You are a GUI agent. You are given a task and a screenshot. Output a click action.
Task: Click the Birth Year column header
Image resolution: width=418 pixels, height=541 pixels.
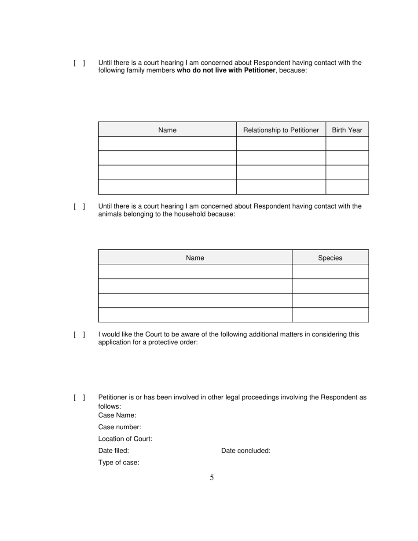click(x=347, y=130)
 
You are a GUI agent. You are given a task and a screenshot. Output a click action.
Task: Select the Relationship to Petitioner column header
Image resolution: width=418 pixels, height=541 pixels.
click(x=281, y=130)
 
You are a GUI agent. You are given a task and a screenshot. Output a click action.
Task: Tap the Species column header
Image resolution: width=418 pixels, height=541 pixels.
click(x=330, y=258)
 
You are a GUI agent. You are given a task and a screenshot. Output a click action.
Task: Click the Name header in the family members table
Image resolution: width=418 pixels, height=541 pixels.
click(x=167, y=130)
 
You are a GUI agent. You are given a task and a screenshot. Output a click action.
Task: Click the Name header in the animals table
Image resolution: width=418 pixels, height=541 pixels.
click(x=194, y=258)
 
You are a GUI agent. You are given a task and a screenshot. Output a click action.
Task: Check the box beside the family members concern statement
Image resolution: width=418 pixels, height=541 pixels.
click(x=79, y=63)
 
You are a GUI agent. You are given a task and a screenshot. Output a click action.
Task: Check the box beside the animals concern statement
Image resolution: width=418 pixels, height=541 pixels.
click(x=79, y=206)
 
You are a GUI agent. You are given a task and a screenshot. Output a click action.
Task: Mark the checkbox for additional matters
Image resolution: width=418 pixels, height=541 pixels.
click(x=79, y=335)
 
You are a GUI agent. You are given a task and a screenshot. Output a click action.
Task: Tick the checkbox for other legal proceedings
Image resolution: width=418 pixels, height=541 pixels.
click(x=79, y=398)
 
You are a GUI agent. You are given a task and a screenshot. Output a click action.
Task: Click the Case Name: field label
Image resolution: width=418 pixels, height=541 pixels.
click(x=117, y=415)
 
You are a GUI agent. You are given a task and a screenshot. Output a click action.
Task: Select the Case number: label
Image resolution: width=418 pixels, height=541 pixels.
click(x=120, y=427)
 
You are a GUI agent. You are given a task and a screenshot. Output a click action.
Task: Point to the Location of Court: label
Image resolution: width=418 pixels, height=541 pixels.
click(x=125, y=439)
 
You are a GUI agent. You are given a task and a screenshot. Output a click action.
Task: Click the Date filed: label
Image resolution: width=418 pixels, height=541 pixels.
click(x=114, y=450)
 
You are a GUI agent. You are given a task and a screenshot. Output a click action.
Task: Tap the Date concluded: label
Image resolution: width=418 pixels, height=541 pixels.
click(x=246, y=450)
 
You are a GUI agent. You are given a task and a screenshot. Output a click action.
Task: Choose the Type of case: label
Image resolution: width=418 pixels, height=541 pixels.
click(x=119, y=462)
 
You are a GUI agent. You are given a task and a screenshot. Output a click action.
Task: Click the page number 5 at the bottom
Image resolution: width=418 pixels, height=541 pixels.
click(x=212, y=478)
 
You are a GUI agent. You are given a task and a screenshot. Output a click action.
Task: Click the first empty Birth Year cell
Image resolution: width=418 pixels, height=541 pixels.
click(x=347, y=143)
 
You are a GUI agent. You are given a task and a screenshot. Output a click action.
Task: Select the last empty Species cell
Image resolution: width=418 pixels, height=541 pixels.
click(x=330, y=315)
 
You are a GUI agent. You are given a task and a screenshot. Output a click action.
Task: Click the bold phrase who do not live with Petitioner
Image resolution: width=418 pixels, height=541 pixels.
click(x=226, y=70)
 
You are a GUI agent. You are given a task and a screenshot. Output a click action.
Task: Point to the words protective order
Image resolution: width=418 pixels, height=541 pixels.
click(x=174, y=342)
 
